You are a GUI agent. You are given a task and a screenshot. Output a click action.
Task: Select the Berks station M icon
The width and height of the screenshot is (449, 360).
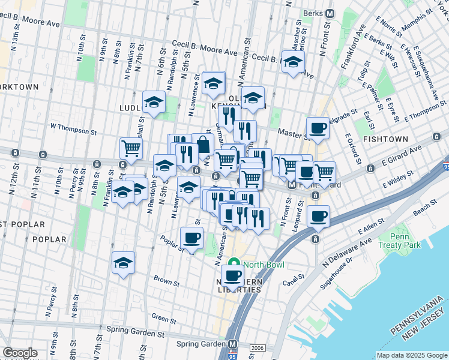tap(330, 13)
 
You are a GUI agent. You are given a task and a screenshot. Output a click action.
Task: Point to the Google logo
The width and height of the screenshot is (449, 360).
tap(20, 353)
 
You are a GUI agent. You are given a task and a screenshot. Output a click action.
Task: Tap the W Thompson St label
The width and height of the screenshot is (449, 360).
tap(73, 127)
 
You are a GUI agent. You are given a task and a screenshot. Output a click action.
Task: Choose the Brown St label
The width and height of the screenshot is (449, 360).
tap(166, 280)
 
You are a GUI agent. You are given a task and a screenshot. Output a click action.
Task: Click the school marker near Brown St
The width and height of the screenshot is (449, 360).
tap(123, 263)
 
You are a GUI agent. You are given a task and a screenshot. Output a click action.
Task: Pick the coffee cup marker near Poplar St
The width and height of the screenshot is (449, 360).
tap(192, 238)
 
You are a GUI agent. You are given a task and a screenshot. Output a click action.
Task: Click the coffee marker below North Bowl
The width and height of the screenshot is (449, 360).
tap(232, 275)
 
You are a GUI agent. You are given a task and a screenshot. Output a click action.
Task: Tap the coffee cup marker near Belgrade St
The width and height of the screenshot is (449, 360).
tap(318, 127)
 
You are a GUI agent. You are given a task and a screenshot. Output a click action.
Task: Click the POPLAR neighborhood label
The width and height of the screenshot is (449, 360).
tap(49, 239)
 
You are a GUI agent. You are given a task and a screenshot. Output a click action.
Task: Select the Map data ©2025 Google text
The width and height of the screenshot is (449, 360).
tap(411, 355)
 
